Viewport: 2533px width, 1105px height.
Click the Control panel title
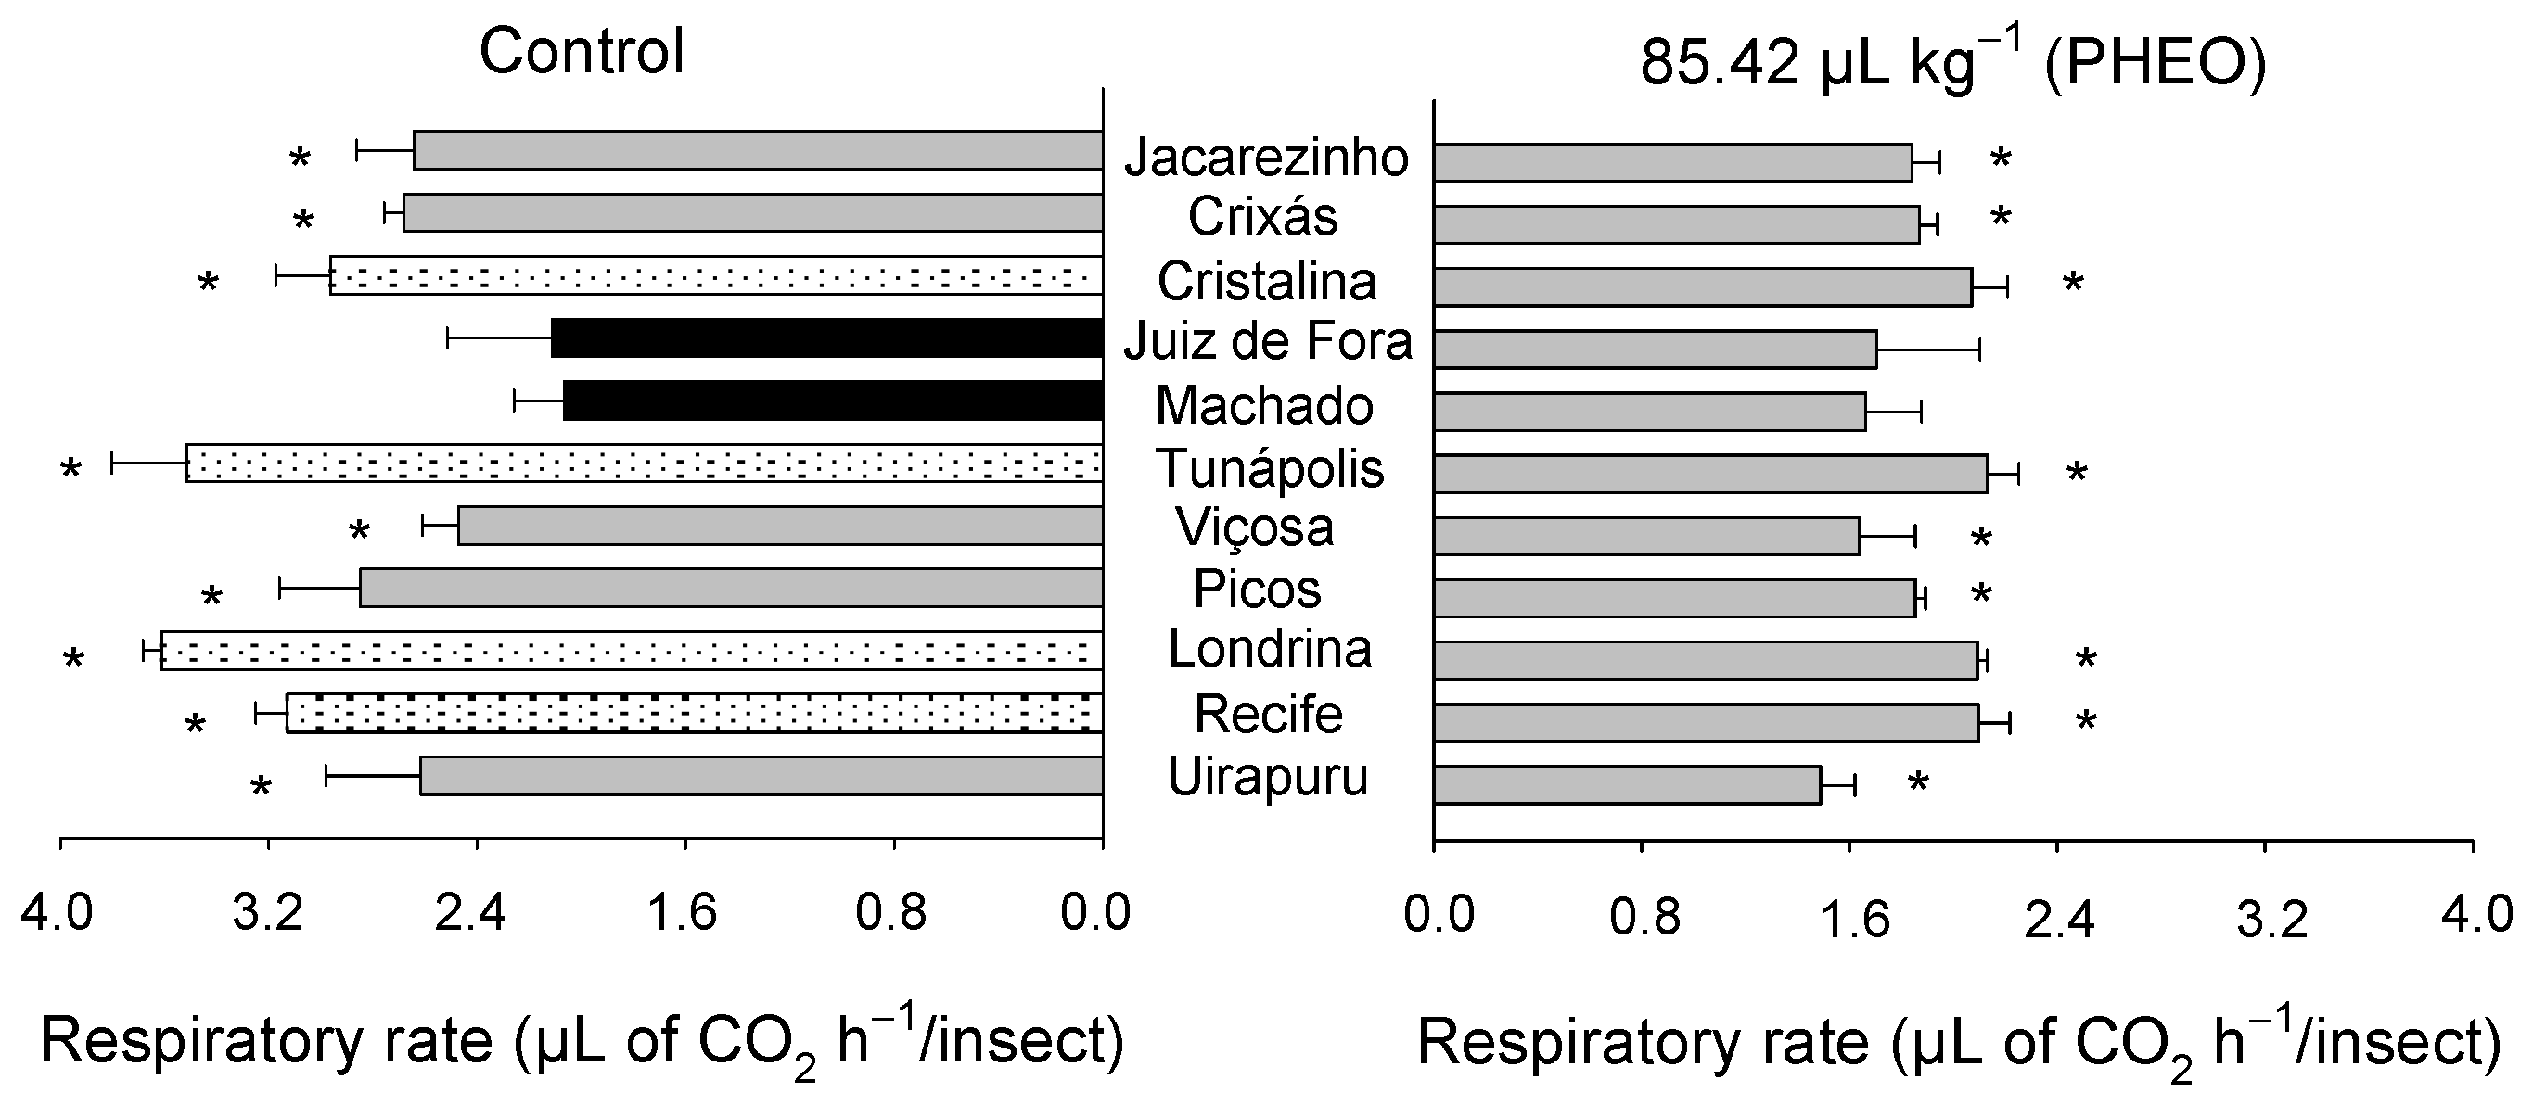(582, 51)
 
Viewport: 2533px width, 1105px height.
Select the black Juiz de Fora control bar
(826, 338)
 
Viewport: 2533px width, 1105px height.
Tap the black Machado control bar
(832, 400)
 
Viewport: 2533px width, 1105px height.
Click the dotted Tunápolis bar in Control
(644, 463)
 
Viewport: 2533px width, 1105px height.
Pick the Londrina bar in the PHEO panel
(1705, 661)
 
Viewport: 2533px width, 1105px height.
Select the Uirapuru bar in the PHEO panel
(1628, 785)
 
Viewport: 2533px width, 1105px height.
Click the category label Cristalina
(1267, 281)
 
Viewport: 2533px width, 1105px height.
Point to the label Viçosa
(1255, 527)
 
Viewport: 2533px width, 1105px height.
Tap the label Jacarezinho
(1267, 158)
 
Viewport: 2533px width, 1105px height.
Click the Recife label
(1268, 714)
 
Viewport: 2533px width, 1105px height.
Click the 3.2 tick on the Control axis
(267, 913)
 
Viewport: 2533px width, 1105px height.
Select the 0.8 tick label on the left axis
(891, 913)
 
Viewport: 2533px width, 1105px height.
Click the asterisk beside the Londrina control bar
(74, 660)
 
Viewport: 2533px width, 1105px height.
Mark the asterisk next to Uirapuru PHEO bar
(1917, 784)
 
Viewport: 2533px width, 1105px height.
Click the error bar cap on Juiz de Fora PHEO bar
(1979, 349)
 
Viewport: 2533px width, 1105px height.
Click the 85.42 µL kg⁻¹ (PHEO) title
(1952, 63)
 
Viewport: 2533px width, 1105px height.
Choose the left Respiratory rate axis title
(582, 1043)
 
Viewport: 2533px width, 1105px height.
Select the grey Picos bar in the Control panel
(731, 588)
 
